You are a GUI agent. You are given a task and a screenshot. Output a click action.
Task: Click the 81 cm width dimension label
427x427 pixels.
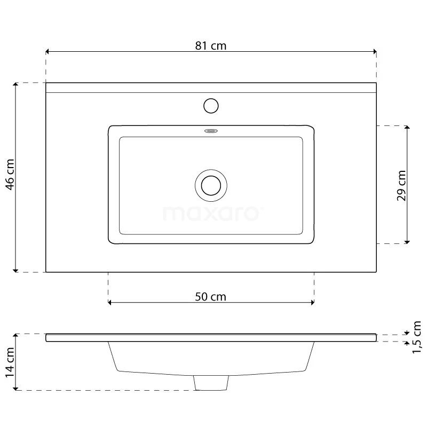click(211, 45)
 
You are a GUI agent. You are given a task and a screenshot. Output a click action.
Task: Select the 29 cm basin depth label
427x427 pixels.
click(401, 185)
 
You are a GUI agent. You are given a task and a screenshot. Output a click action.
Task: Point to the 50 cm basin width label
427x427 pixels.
click(210, 297)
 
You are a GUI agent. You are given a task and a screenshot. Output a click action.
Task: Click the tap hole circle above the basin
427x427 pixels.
click(211, 105)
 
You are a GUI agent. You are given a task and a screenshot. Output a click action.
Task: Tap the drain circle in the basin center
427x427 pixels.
click(211, 185)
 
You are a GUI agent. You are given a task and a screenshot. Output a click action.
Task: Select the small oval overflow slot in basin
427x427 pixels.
click(211, 130)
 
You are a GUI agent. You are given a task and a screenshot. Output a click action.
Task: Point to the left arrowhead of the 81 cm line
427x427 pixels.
click(48, 52)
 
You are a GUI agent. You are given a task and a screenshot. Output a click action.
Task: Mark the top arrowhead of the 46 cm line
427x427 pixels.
click(16, 85)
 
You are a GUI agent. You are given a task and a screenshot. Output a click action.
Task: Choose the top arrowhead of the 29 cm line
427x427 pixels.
click(407, 128)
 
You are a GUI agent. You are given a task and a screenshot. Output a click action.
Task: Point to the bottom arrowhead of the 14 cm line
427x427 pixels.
click(16, 388)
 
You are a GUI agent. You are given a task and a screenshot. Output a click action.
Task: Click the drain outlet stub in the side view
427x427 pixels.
click(211, 382)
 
